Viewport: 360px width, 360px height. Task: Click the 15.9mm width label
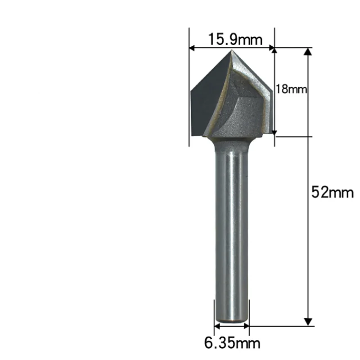234,40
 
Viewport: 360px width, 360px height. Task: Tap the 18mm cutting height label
291,89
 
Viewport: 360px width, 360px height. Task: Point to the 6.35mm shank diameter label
232,343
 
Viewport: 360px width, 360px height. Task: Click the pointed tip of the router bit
232,52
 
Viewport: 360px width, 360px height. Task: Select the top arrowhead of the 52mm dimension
308,51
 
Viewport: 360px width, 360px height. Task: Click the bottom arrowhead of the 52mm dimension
308,321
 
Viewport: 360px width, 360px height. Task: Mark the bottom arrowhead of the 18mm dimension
274,133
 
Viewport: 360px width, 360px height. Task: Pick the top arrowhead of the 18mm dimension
274,51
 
